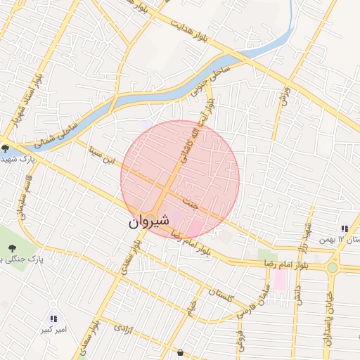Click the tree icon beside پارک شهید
pos(5,148)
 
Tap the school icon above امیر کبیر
pos(54,319)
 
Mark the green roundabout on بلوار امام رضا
pos(332,268)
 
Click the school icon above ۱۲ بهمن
pos(344,229)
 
